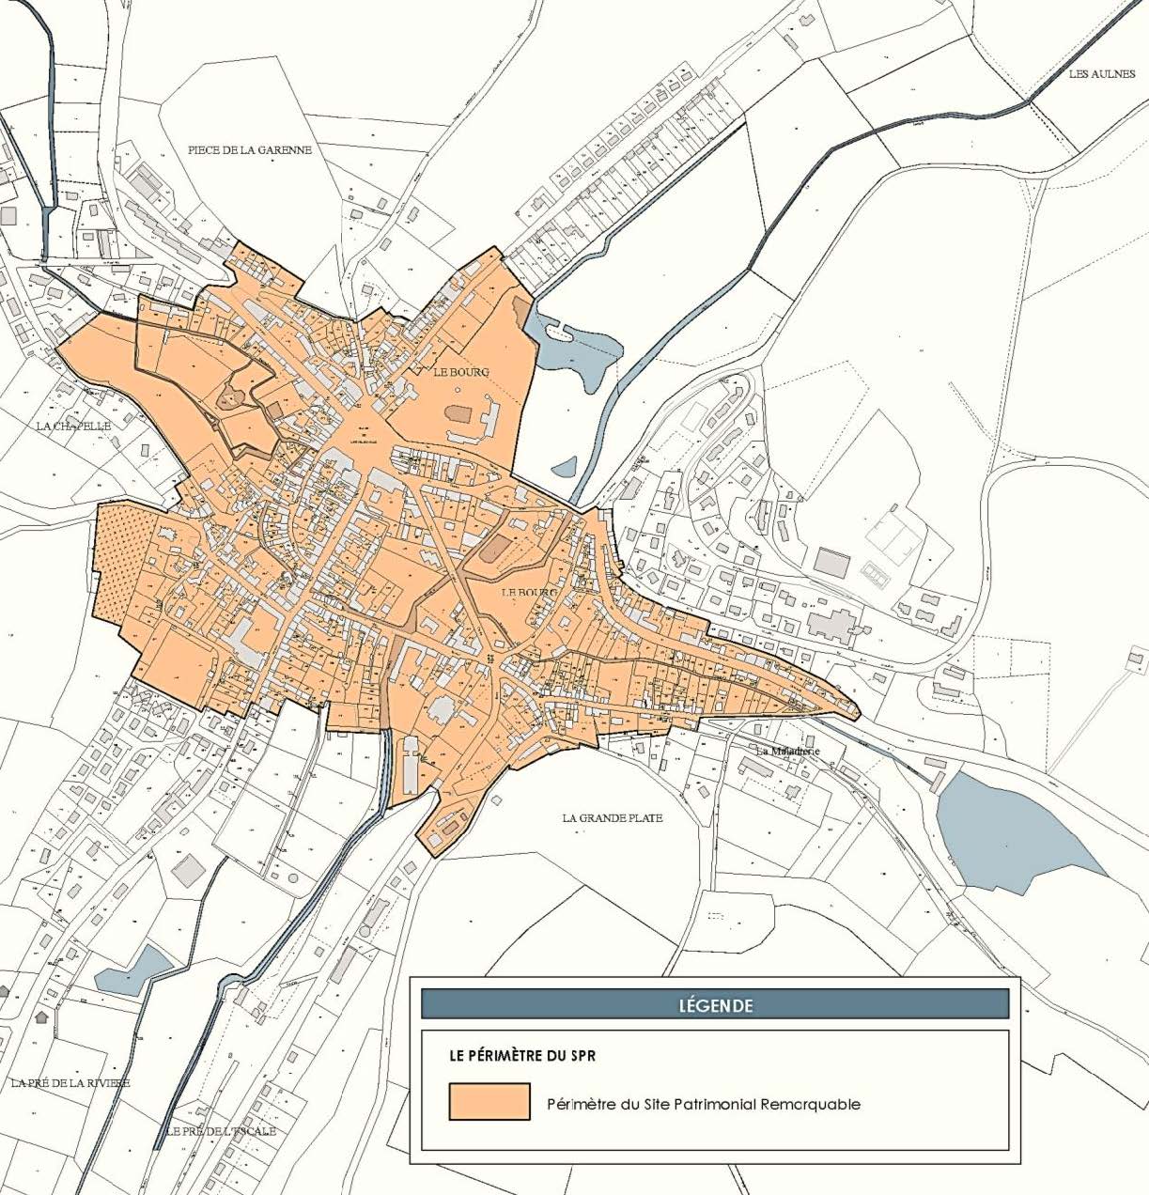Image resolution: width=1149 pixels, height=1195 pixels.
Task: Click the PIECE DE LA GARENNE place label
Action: (249, 149)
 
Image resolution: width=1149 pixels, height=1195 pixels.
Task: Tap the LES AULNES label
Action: (1101, 74)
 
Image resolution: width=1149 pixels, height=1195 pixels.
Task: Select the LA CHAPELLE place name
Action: (73, 426)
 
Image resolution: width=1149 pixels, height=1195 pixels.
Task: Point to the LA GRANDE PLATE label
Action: (613, 817)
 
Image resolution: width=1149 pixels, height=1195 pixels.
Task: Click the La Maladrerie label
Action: (788, 752)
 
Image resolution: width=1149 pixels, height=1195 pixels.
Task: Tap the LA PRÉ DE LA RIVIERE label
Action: (70, 1082)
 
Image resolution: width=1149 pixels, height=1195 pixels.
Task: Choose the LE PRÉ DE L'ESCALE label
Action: (221, 1131)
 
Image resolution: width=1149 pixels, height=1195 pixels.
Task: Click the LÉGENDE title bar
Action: (715, 1004)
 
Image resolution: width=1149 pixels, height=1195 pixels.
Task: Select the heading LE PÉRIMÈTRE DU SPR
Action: (522, 1055)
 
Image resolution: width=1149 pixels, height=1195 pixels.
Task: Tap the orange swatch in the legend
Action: (489, 1101)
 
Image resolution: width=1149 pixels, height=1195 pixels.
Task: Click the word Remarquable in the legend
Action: (814, 1104)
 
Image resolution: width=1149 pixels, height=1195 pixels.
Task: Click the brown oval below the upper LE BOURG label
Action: (458, 413)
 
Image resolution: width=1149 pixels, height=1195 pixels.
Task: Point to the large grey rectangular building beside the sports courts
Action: (831, 563)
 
